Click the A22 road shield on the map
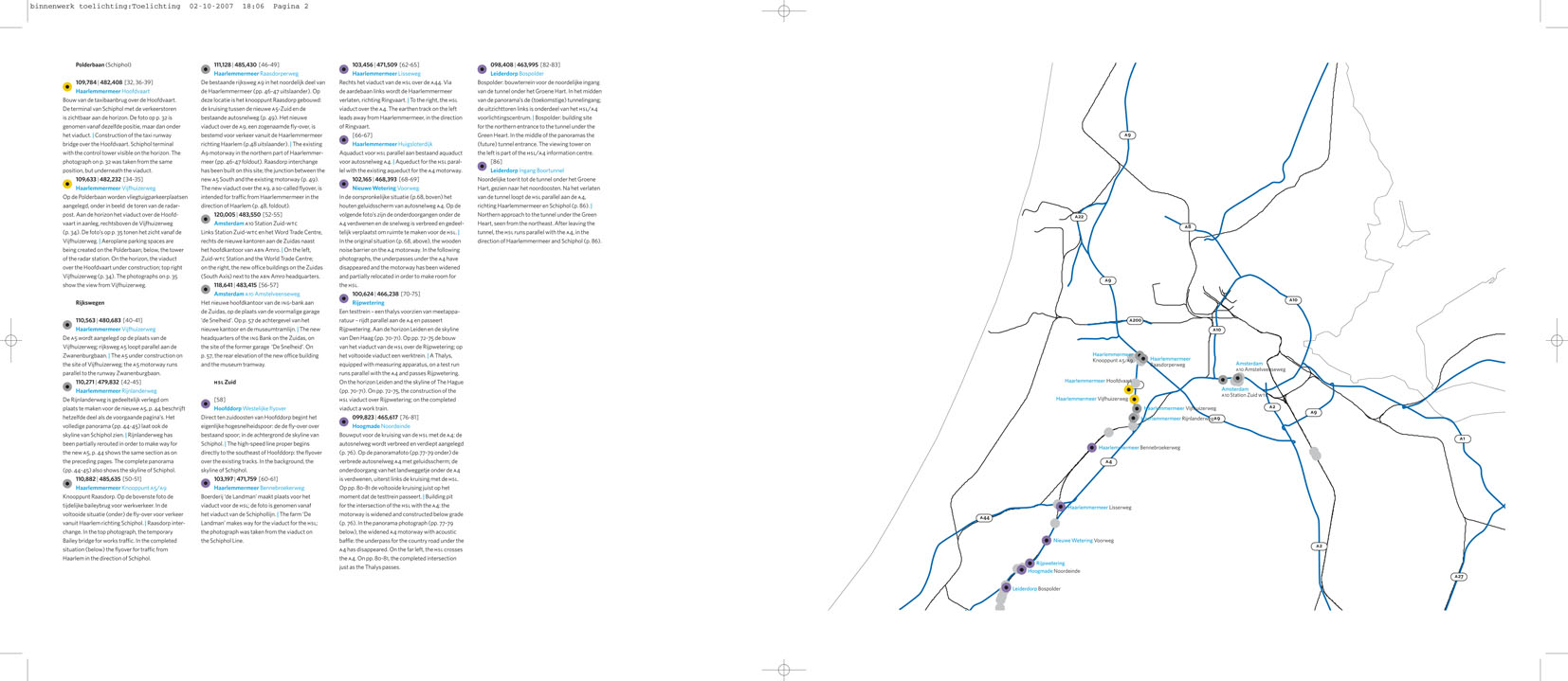[1079, 217]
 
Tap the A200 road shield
[1135, 321]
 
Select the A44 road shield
[984, 518]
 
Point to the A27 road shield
[1459, 577]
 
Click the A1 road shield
[1462, 439]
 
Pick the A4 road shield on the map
[1108, 462]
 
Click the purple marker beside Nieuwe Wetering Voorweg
[1047, 541]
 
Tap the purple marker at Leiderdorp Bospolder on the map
[1006, 588]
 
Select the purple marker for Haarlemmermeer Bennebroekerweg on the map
[1092, 448]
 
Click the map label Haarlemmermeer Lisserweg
[1099, 508]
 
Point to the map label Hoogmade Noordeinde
[1053, 571]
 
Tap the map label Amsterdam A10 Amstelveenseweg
[1260, 367]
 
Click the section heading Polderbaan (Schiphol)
[103, 64]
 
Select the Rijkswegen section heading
[90, 303]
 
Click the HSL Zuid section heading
[225, 382]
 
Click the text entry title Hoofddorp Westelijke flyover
[249, 408]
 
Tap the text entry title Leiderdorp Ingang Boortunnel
[526, 170]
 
